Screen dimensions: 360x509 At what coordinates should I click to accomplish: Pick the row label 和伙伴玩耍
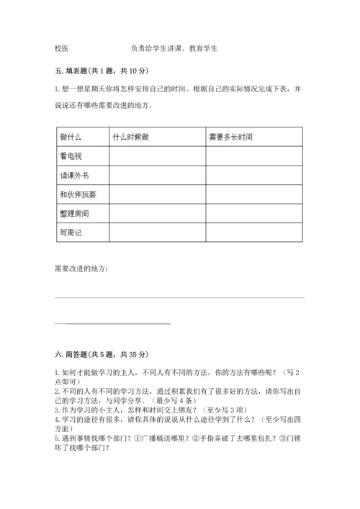[78, 194]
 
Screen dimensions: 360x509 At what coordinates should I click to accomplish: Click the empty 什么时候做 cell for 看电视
[157, 156]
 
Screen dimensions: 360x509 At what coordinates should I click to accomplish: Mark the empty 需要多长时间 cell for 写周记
[254, 233]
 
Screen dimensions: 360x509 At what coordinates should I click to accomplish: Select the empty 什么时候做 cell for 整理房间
[157, 214]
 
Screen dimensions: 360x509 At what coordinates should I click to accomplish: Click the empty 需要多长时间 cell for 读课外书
[254, 175]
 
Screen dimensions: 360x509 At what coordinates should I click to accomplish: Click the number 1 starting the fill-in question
[56, 89]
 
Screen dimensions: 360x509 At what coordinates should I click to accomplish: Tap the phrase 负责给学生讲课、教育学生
[175, 49]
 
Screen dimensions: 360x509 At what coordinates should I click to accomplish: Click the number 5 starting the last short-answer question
[56, 438]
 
